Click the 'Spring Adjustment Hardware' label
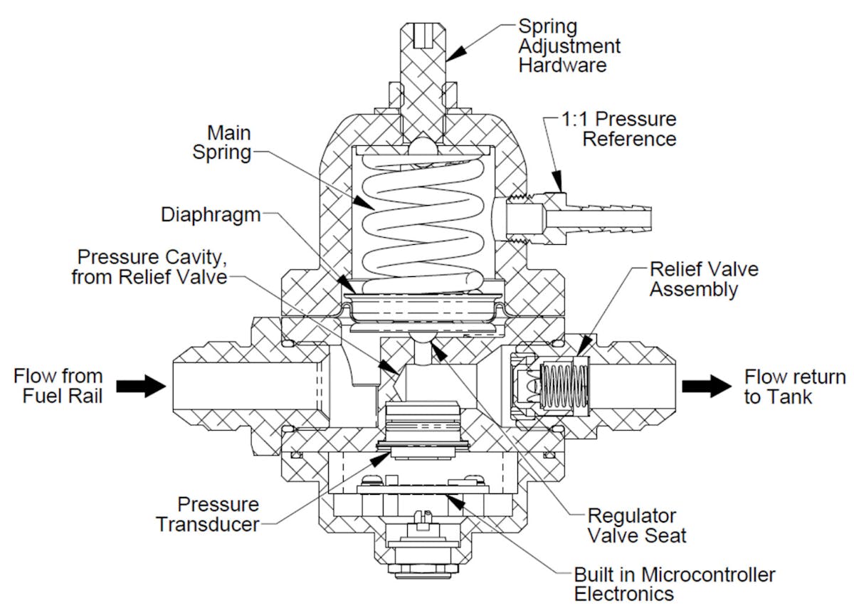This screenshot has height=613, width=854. click(569, 47)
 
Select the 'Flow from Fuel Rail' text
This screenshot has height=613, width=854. click(58, 386)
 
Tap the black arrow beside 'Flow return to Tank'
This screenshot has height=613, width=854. click(706, 386)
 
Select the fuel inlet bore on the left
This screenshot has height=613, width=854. click(249, 386)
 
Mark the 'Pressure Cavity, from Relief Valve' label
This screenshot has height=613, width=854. click(149, 266)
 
